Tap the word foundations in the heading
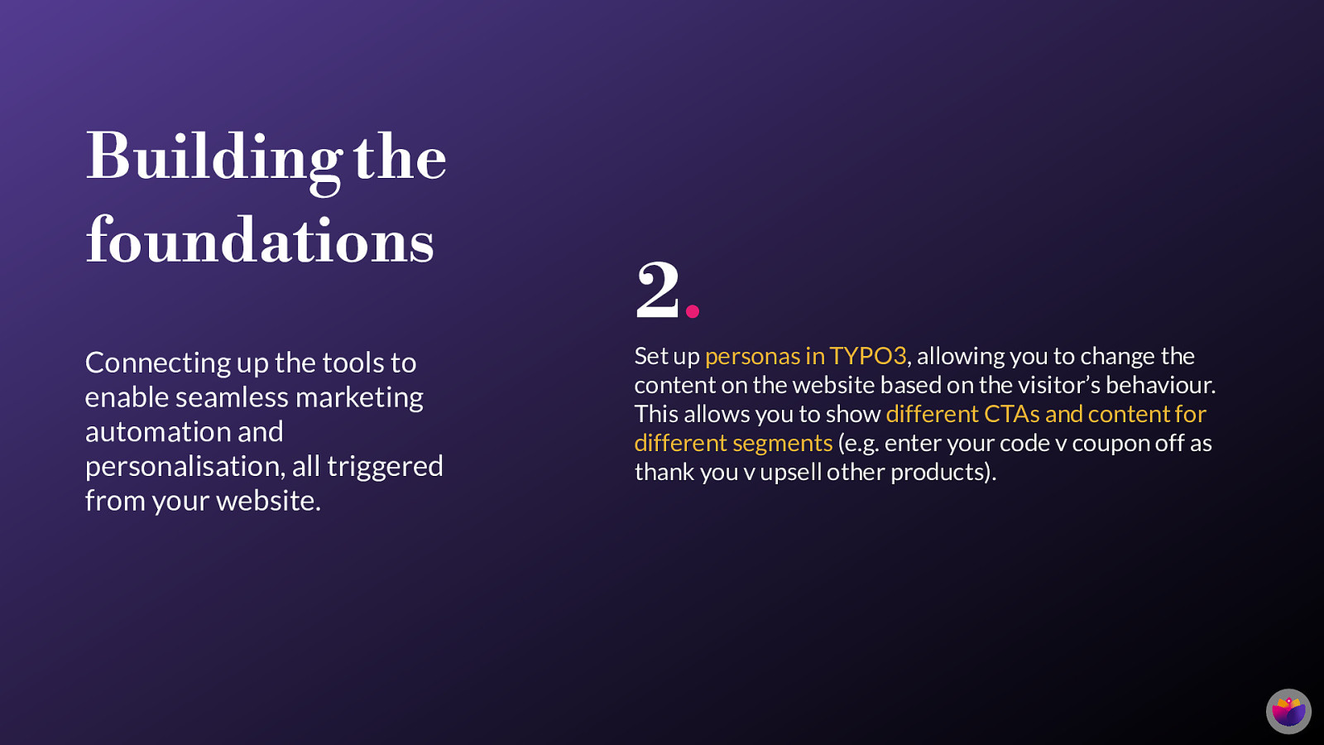pyautogui.click(x=260, y=239)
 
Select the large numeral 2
pyautogui.click(x=658, y=290)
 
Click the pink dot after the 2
pyautogui.click(x=693, y=311)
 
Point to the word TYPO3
pyautogui.click(x=868, y=356)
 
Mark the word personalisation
pyautogui.click(x=185, y=467)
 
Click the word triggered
pyautogui.click(x=385, y=467)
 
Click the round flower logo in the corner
pyautogui.click(x=1288, y=711)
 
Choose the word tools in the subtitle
pyautogui.click(x=353, y=363)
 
